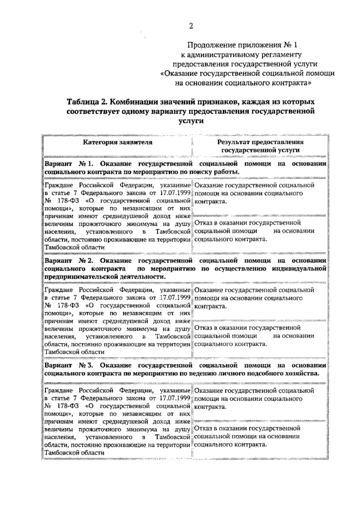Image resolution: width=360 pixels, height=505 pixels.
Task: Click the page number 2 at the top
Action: point(191,26)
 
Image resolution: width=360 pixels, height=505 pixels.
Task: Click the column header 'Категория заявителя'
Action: point(118,142)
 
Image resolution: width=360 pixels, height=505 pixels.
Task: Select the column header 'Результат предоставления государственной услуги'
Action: point(260,146)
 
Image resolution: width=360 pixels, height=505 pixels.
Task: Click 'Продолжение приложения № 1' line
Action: point(242,45)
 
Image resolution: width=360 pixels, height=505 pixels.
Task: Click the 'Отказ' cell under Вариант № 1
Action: point(254,231)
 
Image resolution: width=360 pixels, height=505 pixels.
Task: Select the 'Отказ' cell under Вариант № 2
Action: point(254,336)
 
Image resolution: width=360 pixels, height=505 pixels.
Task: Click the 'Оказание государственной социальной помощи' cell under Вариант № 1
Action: point(254,193)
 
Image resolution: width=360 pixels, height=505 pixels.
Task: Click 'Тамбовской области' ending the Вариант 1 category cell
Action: point(74,247)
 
